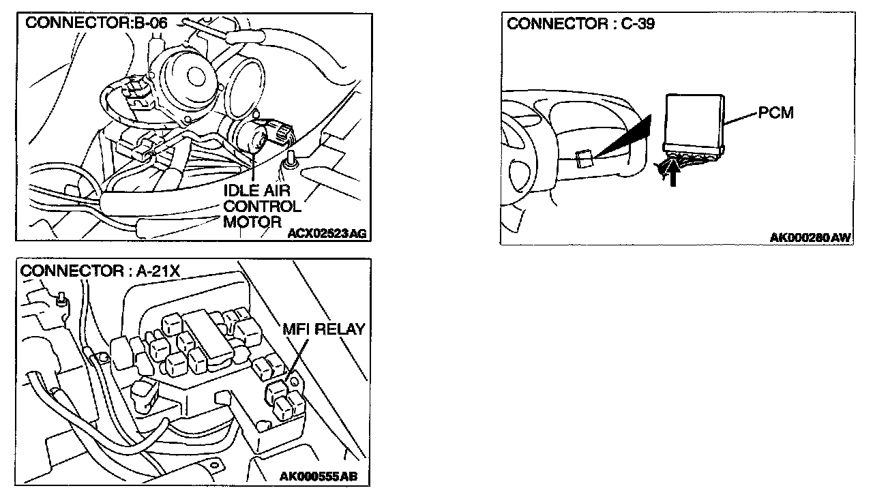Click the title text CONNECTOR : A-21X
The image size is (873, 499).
coord(100,271)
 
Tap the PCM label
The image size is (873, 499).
coord(776,112)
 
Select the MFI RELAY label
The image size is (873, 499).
coord(324,330)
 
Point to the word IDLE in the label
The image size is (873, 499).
coord(241,191)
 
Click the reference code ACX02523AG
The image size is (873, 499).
coord(327,233)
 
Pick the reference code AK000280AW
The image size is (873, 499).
coord(810,237)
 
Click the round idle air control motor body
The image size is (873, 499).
coord(247,135)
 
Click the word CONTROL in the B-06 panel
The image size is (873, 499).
coord(262,206)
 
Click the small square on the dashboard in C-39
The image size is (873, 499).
coord(582,160)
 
